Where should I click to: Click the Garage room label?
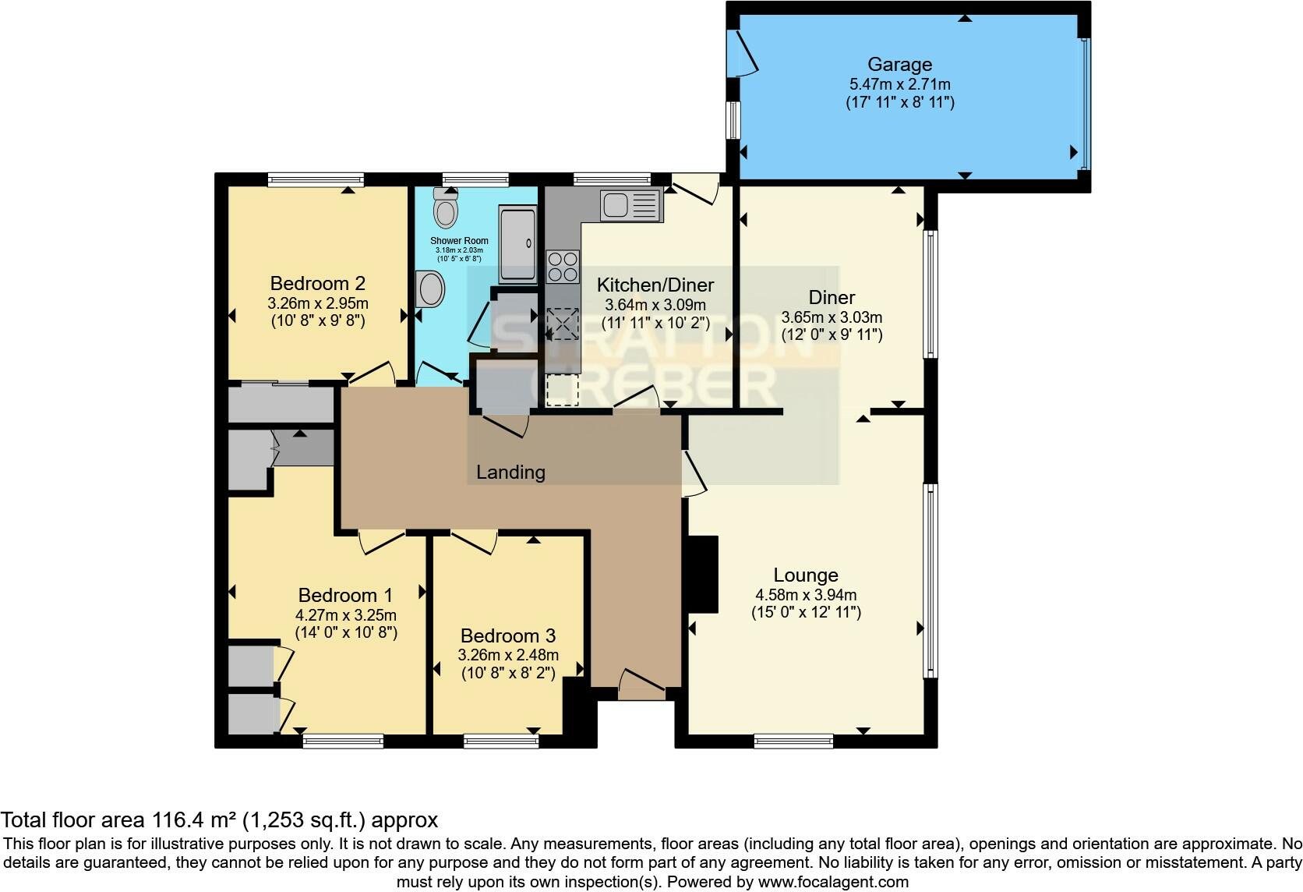tap(899, 65)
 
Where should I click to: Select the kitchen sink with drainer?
tap(631, 206)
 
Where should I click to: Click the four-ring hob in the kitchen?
tap(563, 265)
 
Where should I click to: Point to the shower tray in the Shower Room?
tap(517, 243)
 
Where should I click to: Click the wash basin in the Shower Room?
tap(430, 289)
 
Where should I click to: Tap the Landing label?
tap(510, 472)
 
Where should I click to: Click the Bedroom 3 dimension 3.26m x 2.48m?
tap(508, 655)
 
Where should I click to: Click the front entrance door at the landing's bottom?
tap(641, 683)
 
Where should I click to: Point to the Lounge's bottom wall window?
tap(793, 741)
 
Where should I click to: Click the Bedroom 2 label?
tap(317, 283)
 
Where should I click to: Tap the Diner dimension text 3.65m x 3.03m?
tap(832, 317)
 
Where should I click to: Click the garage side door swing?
tap(743, 54)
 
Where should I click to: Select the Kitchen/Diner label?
tap(655, 285)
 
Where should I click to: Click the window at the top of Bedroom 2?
tap(316, 180)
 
